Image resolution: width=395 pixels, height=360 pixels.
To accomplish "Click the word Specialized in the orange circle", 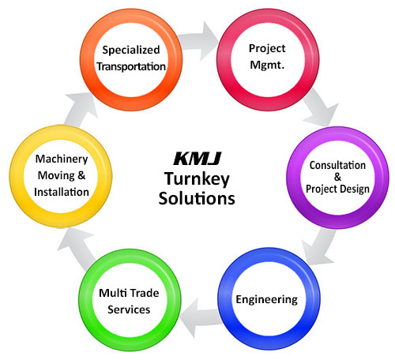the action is [x=131, y=51].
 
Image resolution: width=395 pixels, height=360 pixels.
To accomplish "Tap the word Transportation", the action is [x=131, y=66].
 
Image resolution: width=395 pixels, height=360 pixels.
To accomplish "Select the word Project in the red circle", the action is [x=267, y=49].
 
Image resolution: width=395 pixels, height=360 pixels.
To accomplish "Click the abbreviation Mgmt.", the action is [x=267, y=65].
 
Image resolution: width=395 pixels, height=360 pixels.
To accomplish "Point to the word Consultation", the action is [x=337, y=165].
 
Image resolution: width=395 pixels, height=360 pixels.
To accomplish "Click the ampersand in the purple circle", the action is [x=337, y=177].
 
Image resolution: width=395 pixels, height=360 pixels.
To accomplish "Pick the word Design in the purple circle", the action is [x=355, y=189].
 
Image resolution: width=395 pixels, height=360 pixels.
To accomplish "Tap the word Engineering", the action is [x=266, y=300].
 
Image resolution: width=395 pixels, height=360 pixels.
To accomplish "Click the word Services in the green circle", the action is [x=129, y=309].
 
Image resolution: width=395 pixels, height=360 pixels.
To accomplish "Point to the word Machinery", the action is [x=62, y=159].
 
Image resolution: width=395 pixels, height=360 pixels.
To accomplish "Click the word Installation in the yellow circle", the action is [x=62, y=192].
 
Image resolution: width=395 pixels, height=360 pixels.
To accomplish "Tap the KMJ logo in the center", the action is [x=197, y=159].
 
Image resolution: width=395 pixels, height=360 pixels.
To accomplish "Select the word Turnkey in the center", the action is [x=197, y=179].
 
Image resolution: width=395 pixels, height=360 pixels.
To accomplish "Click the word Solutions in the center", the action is [x=197, y=198].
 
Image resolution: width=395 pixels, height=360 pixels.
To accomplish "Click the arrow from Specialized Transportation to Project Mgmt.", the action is [x=198, y=41].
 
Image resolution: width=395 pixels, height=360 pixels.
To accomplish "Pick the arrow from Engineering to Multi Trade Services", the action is [x=199, y=318].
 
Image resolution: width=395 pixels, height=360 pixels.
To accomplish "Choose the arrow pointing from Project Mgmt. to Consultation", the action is [x=320, y=108].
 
